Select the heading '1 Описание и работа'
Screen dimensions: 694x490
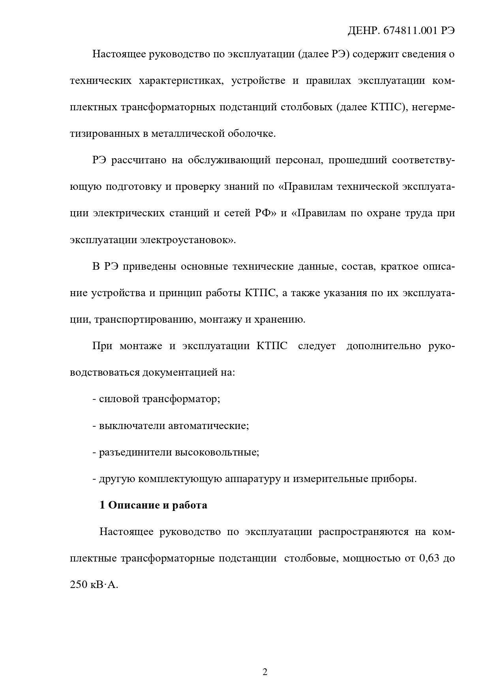click(153, 505)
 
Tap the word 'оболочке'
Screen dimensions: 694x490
click(251, 134)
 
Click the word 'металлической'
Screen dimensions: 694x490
click(189, 134)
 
